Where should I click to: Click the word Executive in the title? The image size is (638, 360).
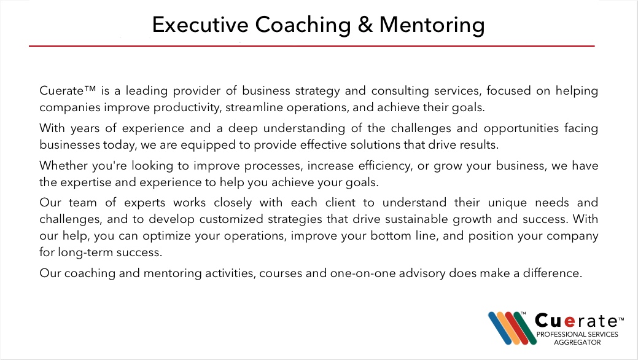tap(200, 25)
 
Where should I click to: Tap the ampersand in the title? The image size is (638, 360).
tap(365, 25)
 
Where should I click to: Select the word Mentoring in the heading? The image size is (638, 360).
tap(432, 25)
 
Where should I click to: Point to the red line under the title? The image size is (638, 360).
tap(312, 46)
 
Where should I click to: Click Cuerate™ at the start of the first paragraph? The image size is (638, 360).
tap(68, 90)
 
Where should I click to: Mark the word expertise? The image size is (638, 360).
tap(86, 182)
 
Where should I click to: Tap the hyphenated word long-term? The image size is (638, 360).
tap(85, 252)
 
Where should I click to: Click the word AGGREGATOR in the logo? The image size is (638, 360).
tap(577, 342)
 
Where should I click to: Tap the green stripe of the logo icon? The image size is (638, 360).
tap(525, 328)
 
